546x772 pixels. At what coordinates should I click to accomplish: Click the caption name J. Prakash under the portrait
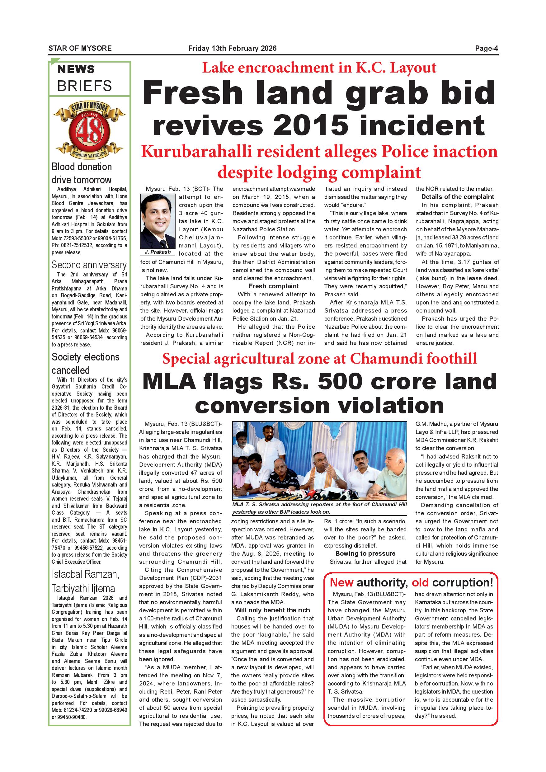(158, 252)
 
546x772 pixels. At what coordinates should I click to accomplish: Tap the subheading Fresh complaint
(274, 286)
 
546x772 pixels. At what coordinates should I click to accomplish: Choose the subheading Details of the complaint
(458, 197)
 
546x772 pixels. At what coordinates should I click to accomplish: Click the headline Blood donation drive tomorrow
(82, 173)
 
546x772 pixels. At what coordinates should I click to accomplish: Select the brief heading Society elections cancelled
(85, 364)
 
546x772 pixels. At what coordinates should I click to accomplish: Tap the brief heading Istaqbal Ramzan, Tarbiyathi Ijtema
(85, 581)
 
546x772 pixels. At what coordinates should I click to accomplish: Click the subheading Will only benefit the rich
(272, 610)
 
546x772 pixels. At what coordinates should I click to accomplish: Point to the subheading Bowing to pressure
(365, 553)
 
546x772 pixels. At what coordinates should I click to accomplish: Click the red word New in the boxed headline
(341, 582)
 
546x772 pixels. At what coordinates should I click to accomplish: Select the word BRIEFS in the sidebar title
(84, 86)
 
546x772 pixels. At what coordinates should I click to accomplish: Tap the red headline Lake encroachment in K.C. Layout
(319, 68)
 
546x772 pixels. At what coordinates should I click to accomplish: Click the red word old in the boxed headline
(421, 582)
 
